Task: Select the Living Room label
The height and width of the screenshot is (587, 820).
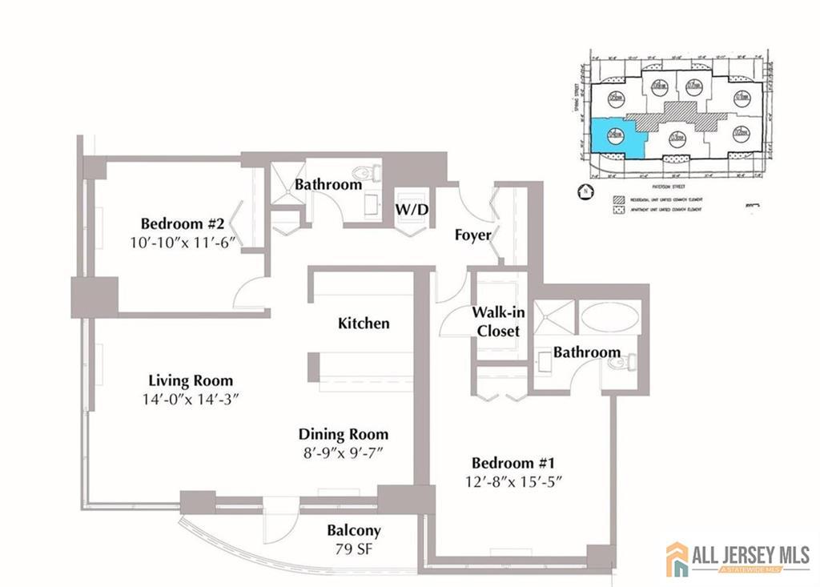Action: pos(191,380)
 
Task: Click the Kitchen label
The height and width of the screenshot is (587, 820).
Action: pos(364,324)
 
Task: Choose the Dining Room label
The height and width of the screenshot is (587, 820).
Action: pos(344,435)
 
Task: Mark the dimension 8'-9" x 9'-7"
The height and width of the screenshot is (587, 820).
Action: pos(344,454)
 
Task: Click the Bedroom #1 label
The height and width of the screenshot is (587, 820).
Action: pos(513,463)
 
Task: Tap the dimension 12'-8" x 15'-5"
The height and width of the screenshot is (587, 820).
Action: pos(513,483)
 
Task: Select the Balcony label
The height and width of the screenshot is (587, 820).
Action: pos(353,531)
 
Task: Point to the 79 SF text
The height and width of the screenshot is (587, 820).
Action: pos(353,550)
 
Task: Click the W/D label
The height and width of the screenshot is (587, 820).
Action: pos(413,210)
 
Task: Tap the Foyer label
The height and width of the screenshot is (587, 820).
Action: pos(472,235)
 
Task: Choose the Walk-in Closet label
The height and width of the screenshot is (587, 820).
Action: pos(498,321)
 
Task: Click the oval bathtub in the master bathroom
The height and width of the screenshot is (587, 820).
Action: pos(609,317)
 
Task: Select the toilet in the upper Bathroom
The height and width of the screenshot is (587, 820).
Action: pos(369,171)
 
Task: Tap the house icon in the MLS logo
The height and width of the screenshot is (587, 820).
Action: pos(677,558)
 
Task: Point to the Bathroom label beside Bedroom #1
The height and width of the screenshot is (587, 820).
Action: pos(586,352)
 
